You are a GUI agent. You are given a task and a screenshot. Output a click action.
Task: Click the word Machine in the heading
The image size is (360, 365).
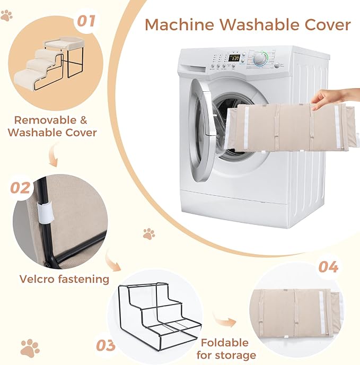(x=179, y=24)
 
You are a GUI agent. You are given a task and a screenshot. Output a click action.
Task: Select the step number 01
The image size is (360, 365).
(x=86, y=21)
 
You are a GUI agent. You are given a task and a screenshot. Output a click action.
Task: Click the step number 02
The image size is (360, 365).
(x=20, y=188)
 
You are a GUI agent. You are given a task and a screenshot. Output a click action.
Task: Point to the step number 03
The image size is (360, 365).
(x=106, y=345)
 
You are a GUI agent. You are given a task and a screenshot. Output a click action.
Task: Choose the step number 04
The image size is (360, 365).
(x=328, y=267)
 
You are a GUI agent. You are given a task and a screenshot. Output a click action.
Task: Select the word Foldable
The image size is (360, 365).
(x=225, y=343)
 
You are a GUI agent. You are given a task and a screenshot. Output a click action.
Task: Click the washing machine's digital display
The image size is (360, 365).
(x=234, y=58)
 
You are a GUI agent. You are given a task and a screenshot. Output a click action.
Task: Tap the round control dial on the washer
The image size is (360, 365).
(x=260, y=59)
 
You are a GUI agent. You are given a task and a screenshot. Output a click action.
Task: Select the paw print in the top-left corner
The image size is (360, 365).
(x=6, y=15)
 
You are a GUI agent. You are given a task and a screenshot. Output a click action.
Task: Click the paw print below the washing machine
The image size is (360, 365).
(x=148, y=234)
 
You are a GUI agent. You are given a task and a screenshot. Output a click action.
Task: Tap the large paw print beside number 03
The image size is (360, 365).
(x=30, y=348)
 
